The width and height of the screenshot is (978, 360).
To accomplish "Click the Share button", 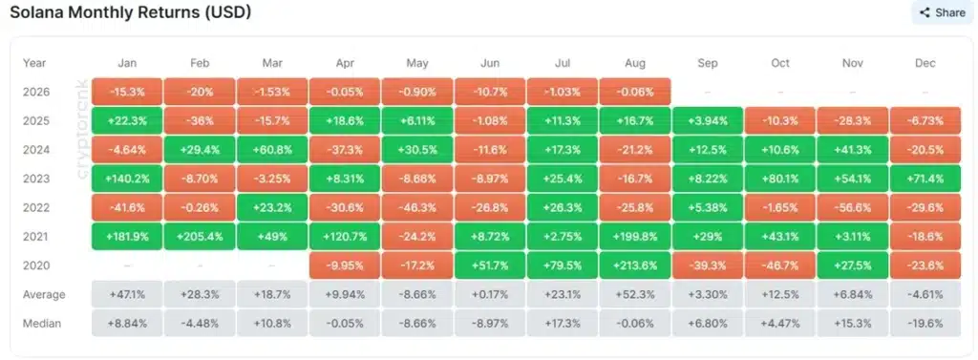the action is [x=943, y=12].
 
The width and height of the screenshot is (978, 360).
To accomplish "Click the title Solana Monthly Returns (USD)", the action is [x=130, y=11].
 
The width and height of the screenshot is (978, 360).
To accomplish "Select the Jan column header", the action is [x=127, y=63].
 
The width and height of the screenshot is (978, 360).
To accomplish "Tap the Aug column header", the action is [x=635, y=63].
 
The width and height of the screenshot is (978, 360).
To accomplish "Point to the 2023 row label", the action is [x=35, y=179].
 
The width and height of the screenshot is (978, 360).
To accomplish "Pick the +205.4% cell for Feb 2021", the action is [x=200, y=237].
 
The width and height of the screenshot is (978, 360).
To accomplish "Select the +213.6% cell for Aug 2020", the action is [x=635, y=265].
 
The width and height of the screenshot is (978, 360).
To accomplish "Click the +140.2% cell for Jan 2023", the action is [x=127, y=179].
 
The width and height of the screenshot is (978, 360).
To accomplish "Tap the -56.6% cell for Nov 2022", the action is [x=853, y=208].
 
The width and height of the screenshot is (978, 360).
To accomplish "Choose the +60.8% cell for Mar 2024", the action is [x=272, y=150].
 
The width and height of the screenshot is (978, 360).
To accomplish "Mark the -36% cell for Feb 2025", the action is [x=200, y=121].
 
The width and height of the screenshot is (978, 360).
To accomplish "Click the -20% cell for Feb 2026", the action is [x=200, y=92].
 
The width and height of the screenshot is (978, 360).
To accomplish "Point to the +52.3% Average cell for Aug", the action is [x=635, y=294].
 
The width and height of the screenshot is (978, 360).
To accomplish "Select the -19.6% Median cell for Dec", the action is [x=925, y=323].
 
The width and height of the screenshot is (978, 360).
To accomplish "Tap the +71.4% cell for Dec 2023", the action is [x=925, y=179].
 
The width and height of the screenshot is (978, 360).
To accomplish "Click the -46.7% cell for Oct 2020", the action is [x=780, y=265].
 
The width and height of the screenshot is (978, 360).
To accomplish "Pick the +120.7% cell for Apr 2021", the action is [x=345, y=237].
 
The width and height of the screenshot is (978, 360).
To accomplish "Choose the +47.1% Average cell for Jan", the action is [x=127, y=294].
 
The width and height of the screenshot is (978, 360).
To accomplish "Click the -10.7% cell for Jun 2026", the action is [x=490, y=92].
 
